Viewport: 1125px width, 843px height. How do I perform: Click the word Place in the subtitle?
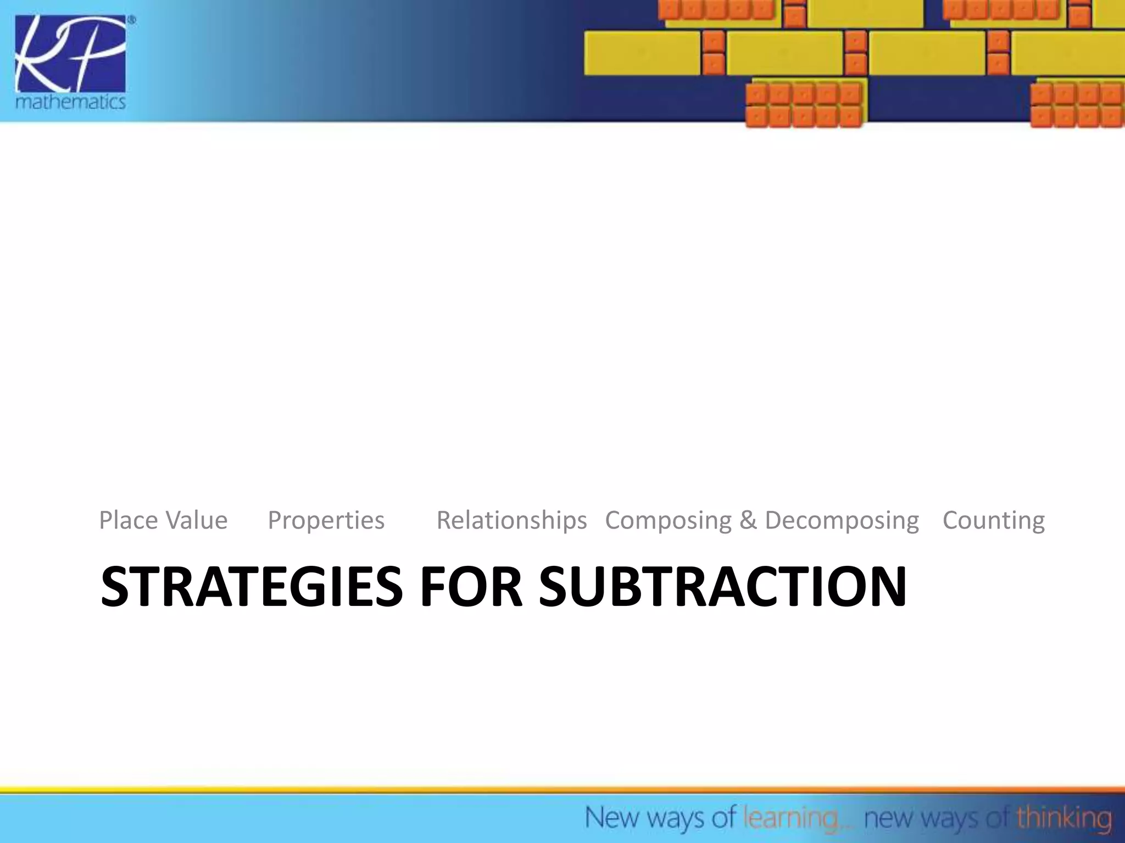(129, 520)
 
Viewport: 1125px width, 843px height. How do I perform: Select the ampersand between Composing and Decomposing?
(748, 520)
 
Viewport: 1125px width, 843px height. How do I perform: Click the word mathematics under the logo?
(70, 102)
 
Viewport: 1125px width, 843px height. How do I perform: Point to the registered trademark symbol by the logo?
(131, 20)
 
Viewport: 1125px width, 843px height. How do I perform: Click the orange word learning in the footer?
(790, 818)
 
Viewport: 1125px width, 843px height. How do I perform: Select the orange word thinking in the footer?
(1063, 818)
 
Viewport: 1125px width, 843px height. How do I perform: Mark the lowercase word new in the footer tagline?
(889, 818)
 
